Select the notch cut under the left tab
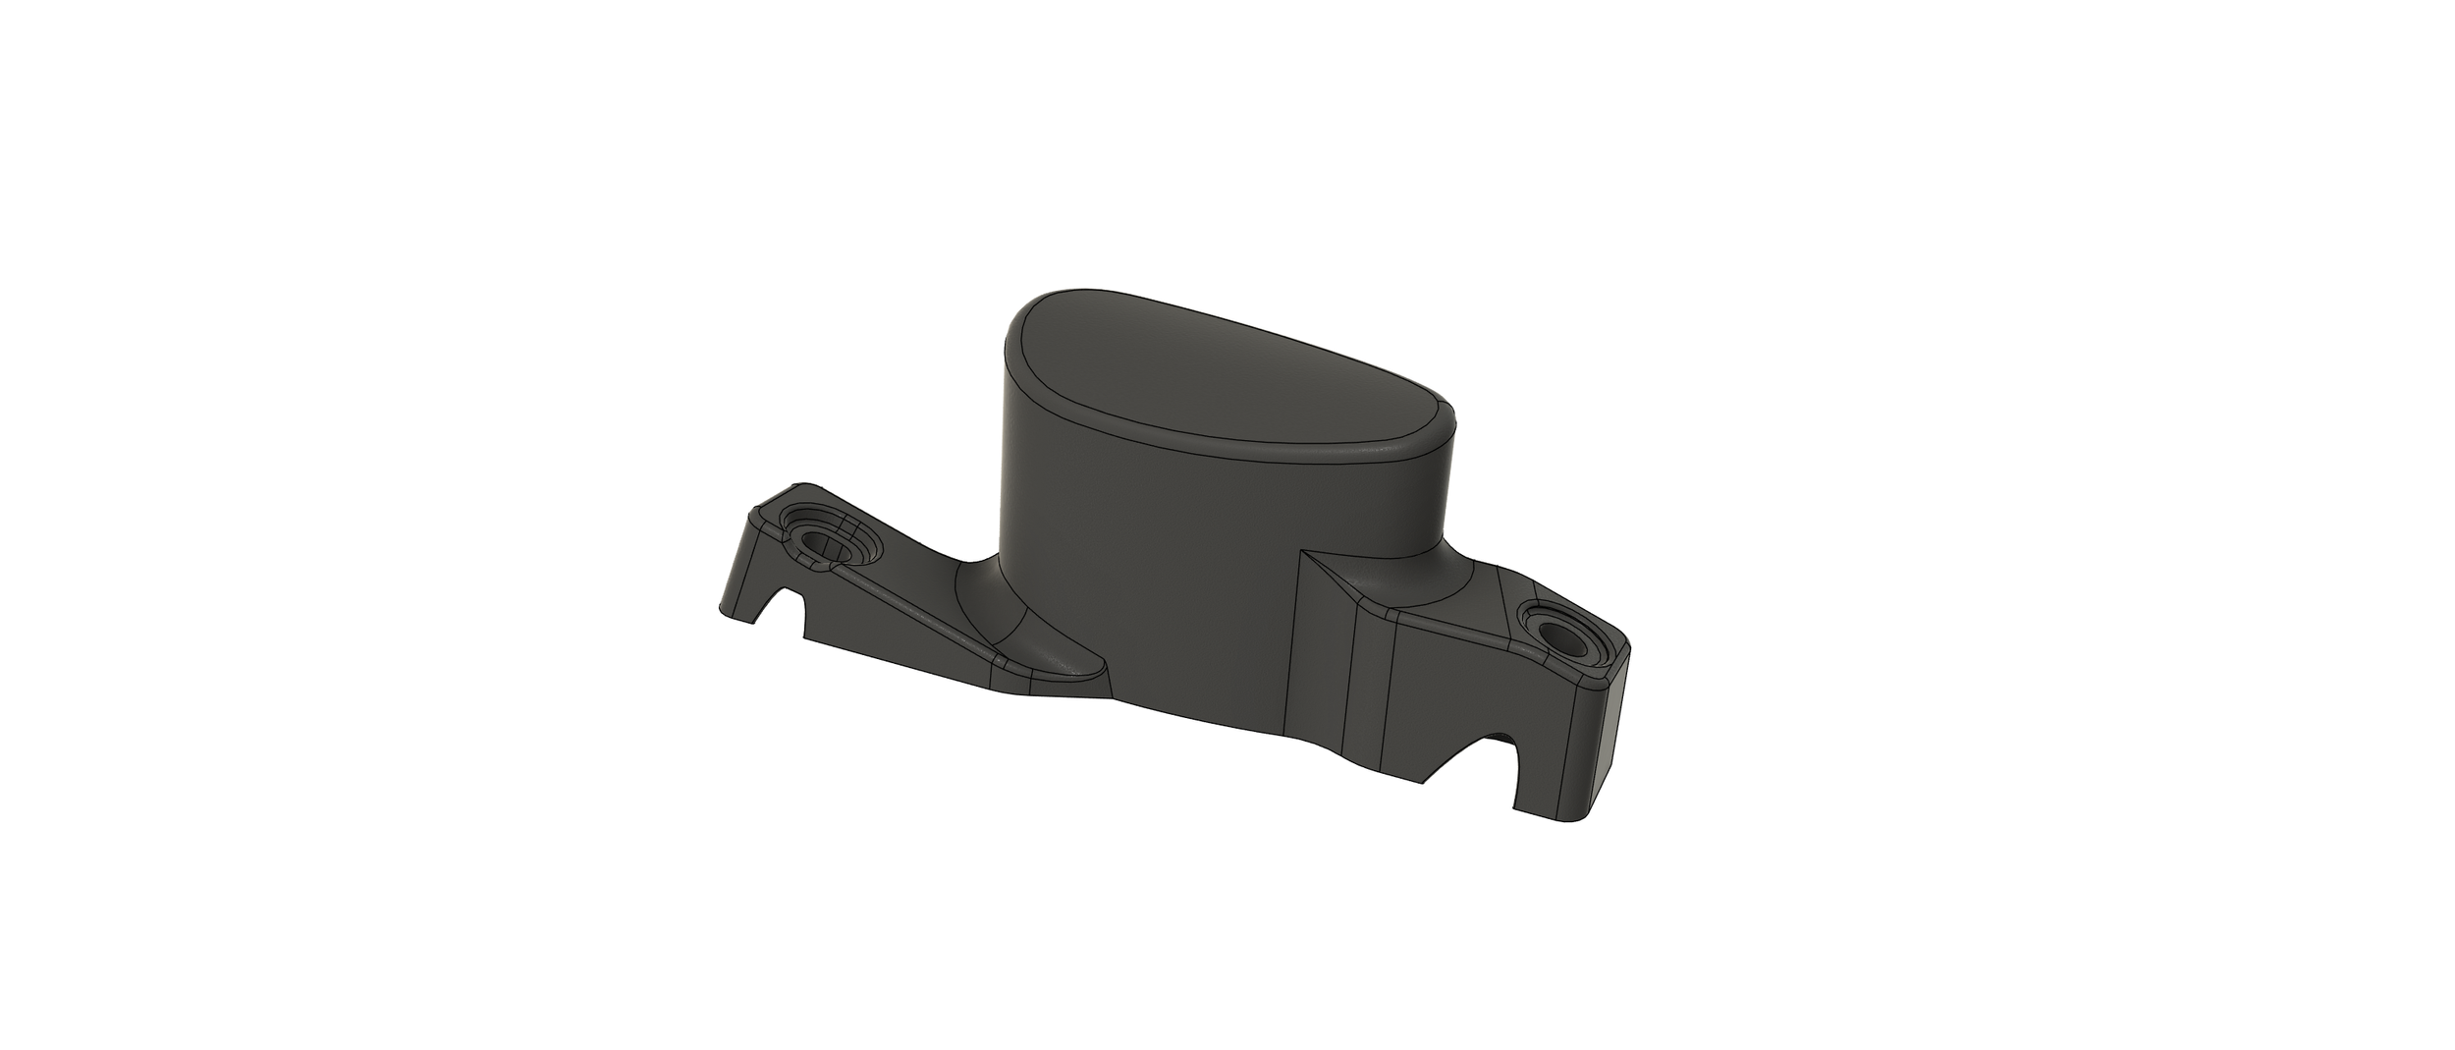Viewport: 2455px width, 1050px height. (786, 607)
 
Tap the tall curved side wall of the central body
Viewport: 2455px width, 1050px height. (1129, 589)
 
